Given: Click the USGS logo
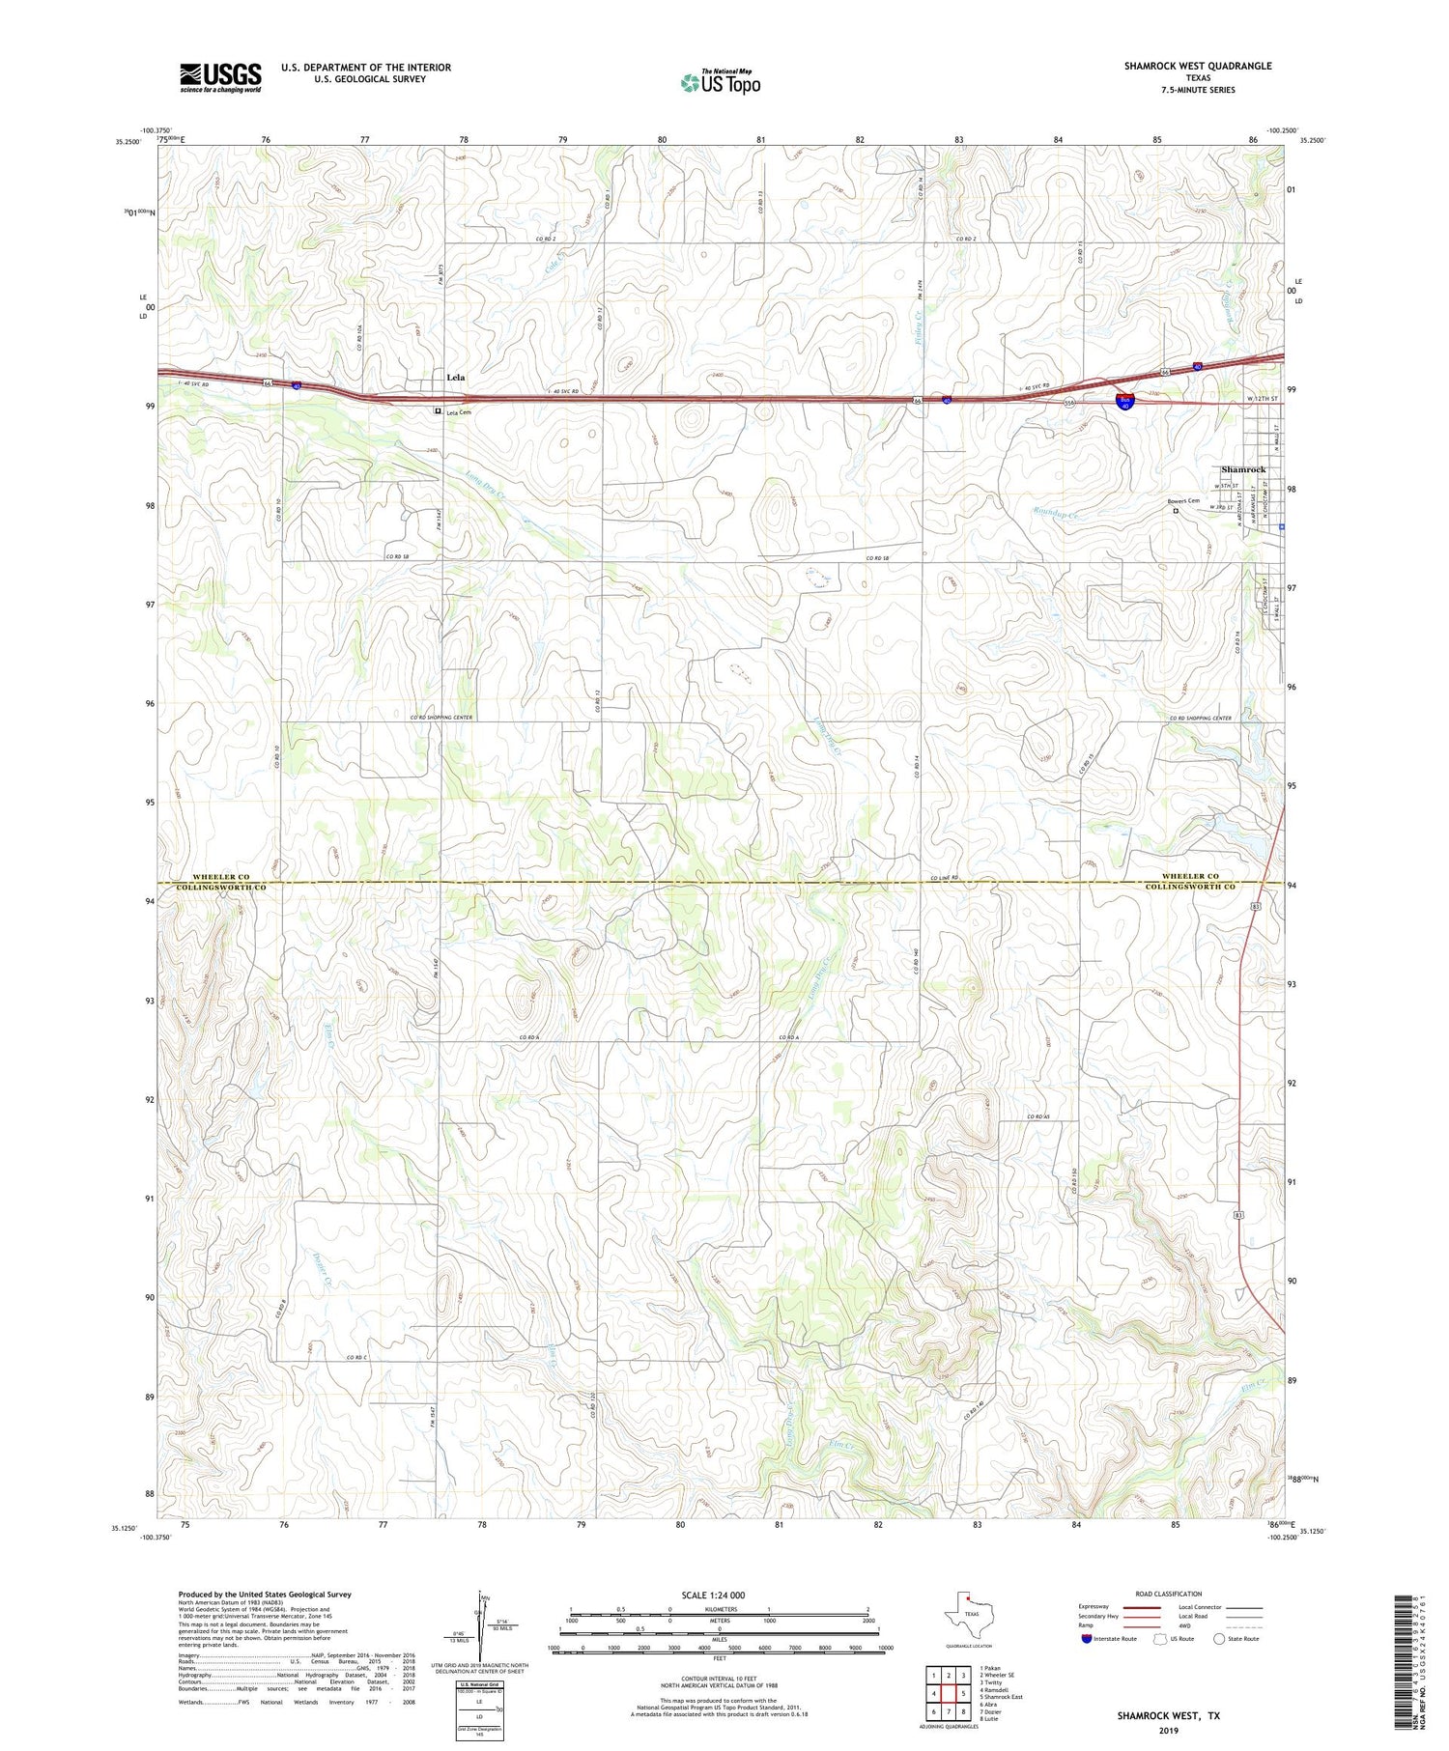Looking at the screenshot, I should pyautogui.click(x=220, y=77).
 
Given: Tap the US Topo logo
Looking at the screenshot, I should pyautogui.click(x=721, y=82).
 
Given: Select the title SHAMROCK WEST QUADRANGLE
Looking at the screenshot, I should pyautogui.click(x=1197, y=66).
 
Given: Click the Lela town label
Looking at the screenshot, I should pyautogui.click(x=455, y=377).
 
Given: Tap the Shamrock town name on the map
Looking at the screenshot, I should pyautogui.click(x=1243, y=469).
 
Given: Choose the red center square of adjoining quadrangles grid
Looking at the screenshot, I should pyautogui.click(x=949, y=1693).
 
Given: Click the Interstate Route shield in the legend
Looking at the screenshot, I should pyautogui.click(x=1087, y=1639).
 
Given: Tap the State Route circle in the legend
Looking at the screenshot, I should pyautogui.click(x=1219, y=1639).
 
